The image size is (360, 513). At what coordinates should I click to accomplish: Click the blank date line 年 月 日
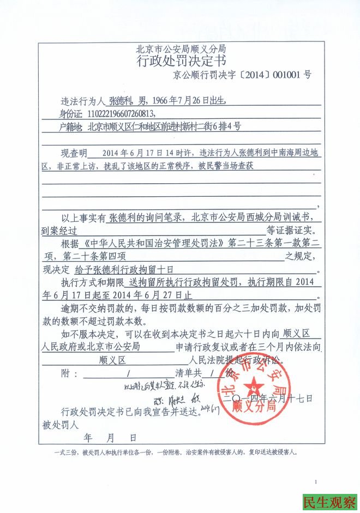coord(110,437)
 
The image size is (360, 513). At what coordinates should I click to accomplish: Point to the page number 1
coord(315,481)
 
